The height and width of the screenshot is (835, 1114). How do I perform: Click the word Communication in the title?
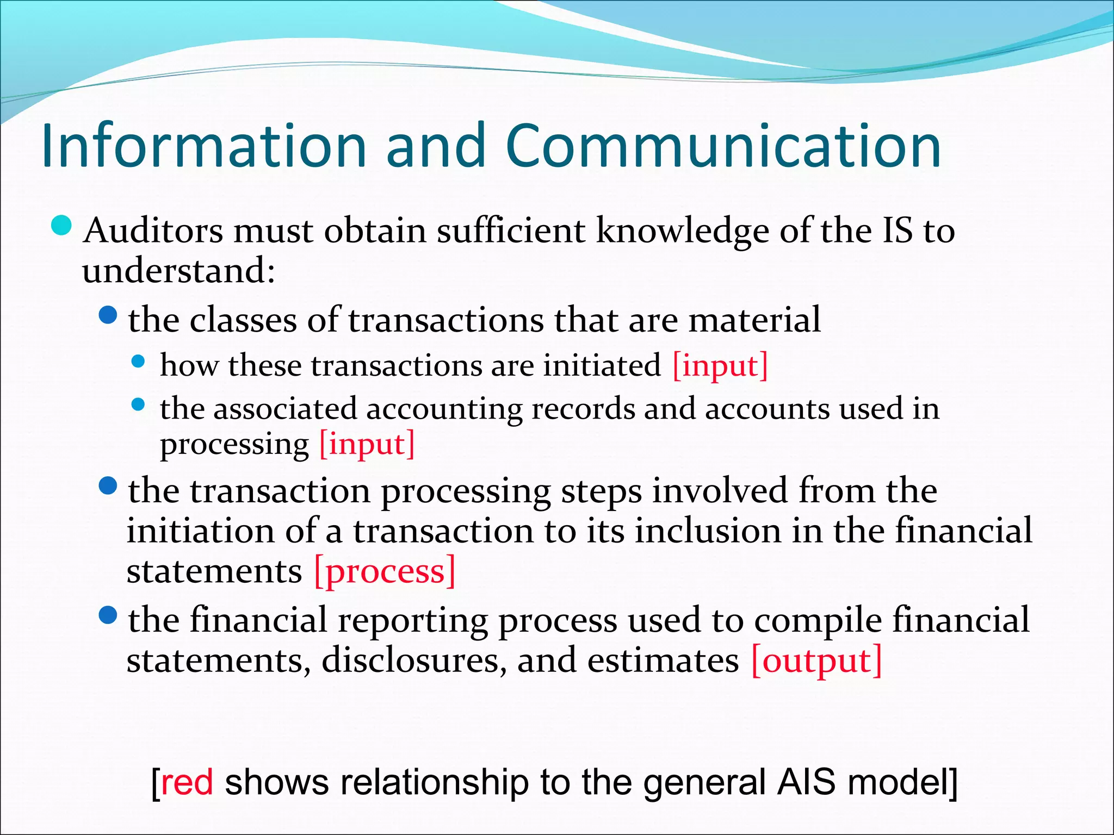point(723,146)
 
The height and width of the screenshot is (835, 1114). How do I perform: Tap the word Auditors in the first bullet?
point(153,230)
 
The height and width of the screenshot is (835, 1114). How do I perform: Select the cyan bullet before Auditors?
point(61,226)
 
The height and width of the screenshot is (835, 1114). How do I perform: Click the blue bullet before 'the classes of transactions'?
point(108,315)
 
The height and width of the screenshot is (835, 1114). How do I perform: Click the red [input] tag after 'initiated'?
point(720,365)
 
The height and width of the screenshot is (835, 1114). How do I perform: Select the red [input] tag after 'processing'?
point(367,444)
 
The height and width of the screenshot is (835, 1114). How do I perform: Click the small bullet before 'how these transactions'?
point(139,362)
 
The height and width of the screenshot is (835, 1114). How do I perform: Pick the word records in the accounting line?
point(583,409)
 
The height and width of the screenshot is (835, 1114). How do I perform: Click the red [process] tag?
point(385,572)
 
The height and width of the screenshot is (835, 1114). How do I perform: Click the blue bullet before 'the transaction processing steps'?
point(108,485)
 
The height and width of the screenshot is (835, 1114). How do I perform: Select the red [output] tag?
point(816,661)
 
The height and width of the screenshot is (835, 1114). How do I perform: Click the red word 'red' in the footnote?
point(187,783)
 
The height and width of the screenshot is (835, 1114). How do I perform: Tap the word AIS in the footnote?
point(806,783)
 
